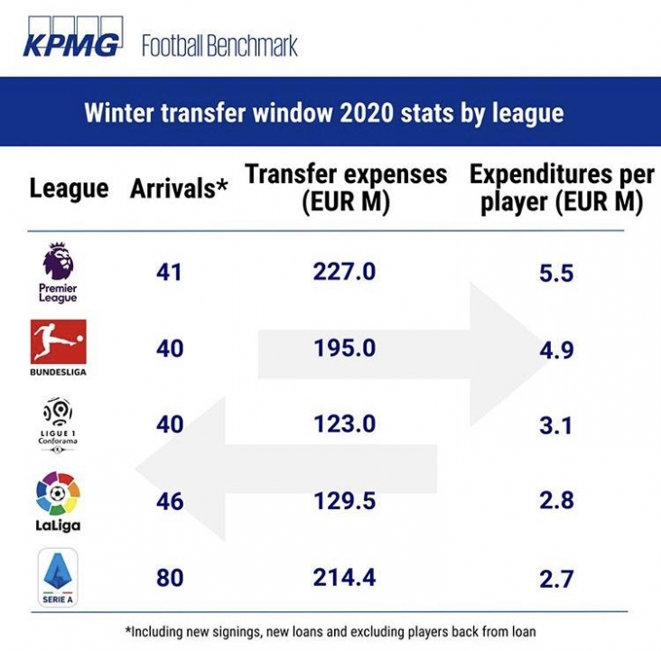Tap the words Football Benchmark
click(x=219, y=45)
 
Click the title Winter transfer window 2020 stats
click(x=323, y=114)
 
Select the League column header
click(x=69, y=189)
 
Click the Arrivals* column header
click(x=179, y=189)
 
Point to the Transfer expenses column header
click(x=346, y=188)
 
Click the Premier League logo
click(x=59, y=272)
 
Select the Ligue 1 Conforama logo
click(x=59, y=423)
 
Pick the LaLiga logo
click(x=59, y=501)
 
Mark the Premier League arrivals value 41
click(x=169, y=271)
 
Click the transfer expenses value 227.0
click(x=344, y=271)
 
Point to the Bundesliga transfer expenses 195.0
click(x=344, y=349)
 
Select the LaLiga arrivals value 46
click(x=169, y=501)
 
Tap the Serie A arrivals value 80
click(x=169, y=578)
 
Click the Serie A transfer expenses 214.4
click(x=344, y=578)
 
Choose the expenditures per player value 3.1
click(x=556, y=424)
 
